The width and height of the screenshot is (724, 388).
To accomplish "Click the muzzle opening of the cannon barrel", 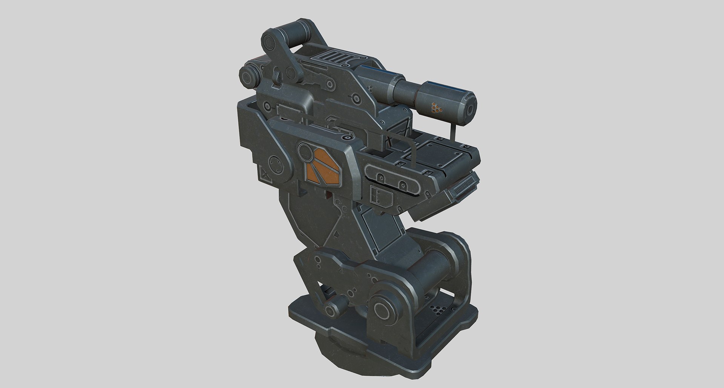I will click(471, 109).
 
